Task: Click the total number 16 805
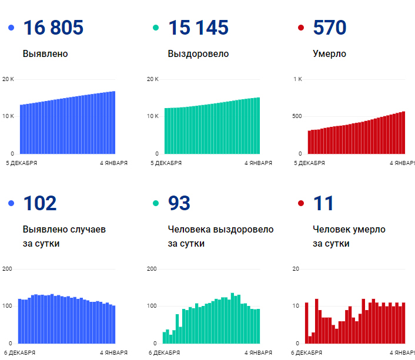53,28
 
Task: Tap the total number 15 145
198,28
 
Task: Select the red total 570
330,28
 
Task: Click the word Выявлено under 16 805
45,54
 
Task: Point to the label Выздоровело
198,54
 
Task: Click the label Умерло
329,54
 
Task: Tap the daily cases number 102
40,203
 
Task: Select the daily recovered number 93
179,203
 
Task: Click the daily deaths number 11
323,203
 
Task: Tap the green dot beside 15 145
156,28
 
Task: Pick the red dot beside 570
301,28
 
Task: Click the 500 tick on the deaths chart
297,116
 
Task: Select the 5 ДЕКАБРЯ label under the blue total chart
22,163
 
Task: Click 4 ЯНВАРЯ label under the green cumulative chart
257,163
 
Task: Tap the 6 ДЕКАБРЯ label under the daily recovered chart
165,352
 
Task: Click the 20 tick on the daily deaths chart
297,269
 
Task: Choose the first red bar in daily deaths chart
306,323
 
